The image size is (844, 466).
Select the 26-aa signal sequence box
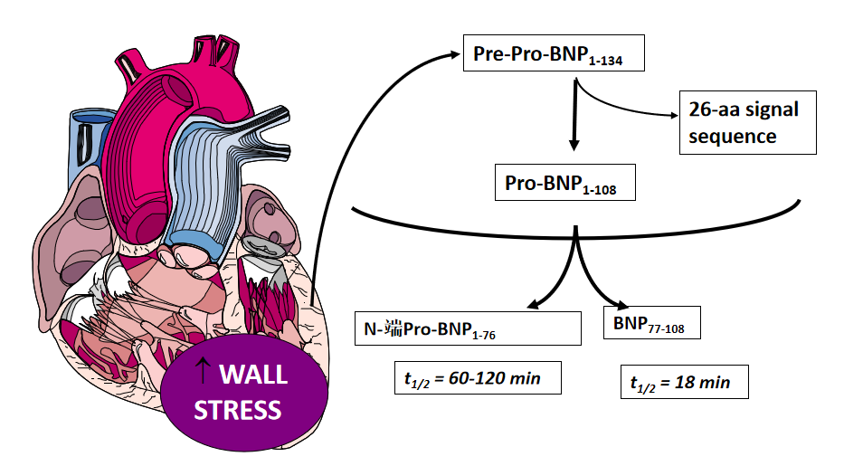(743, 122)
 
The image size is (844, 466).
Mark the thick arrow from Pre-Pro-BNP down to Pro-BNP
(574, 118)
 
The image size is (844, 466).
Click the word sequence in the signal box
(733, 137)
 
